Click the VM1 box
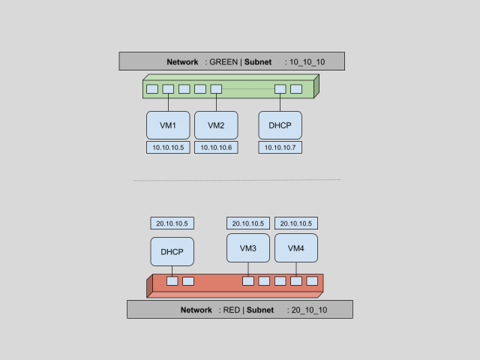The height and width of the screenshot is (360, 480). [168, 125]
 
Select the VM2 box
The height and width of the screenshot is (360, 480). [216, 125]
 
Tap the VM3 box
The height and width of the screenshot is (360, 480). [248, 248]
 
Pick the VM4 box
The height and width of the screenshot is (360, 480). [296, 248]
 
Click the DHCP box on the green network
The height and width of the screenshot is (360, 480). [280, 125]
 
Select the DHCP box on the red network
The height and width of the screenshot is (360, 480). [172, 252]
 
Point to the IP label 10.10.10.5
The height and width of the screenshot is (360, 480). [168, 148]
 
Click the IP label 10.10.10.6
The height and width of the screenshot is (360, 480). [216, 148]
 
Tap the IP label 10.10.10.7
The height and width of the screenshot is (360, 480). [280, 148]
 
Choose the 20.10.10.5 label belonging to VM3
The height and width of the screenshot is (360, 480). [248, 223]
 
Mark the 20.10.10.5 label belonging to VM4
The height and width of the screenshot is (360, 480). [296, 223]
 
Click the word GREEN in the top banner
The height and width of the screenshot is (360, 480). [223, 61]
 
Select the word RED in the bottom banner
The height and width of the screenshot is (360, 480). [232, 310]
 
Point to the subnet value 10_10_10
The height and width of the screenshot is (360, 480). [307, 62]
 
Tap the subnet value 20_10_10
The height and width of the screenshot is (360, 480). [309, 310]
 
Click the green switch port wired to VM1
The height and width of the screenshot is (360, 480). [168, 89]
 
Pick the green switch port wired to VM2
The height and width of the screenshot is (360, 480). [216, 89]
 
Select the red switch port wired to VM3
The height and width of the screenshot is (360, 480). [248, 281]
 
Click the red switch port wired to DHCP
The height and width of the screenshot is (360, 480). [172, 281]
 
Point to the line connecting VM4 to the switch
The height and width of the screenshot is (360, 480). [296, 269]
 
